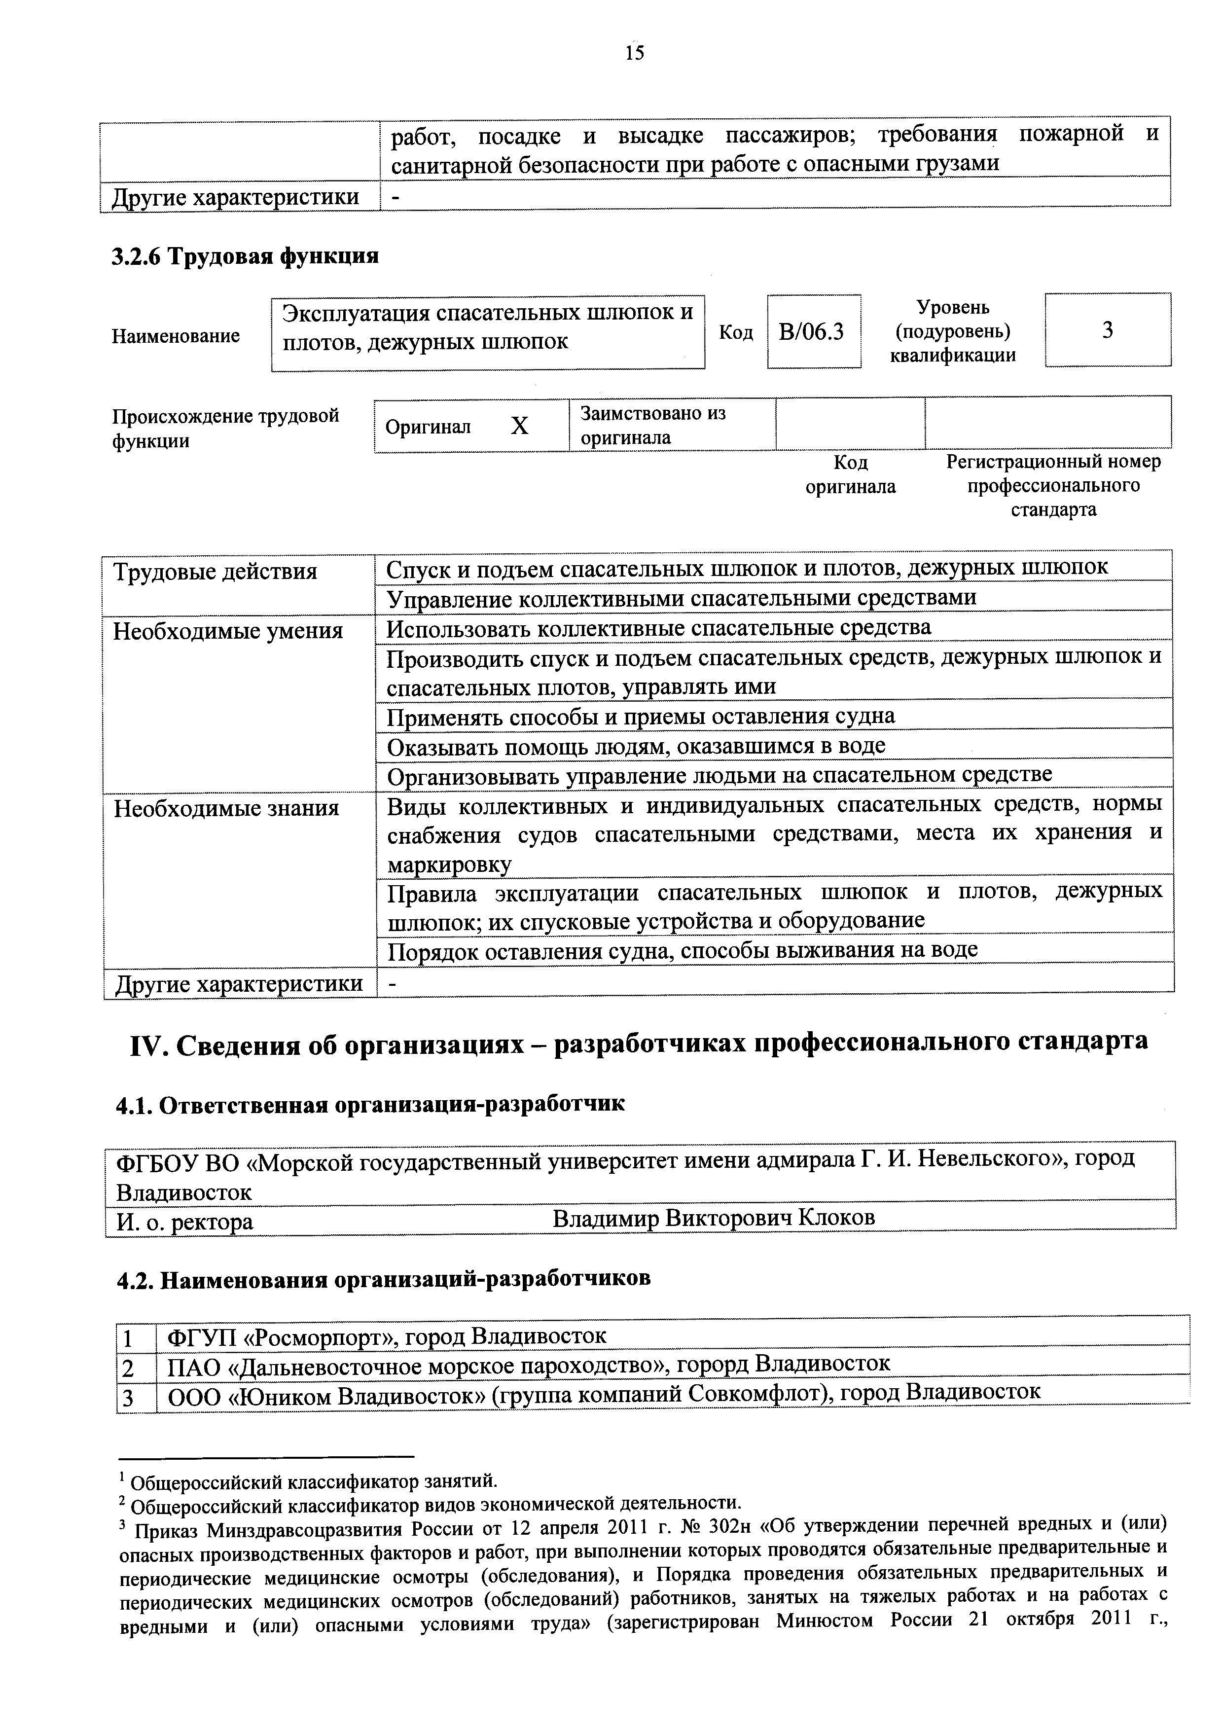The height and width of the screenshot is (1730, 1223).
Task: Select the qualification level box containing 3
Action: click(x=1107, y=330)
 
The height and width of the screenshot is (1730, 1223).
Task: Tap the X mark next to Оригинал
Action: click(x=519, y=427)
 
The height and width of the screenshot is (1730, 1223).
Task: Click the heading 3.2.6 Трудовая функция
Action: click(x=245, y=256)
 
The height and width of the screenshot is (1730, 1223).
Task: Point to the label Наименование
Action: click(x=176, y=336)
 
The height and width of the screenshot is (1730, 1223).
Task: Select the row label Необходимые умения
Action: click(x=227, y=631)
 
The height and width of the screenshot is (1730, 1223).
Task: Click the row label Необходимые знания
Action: click(x=226, y=808)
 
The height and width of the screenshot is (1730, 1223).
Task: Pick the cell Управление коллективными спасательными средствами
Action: click(x=681, y=598)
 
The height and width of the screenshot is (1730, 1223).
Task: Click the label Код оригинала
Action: click(x=850, y=474)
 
